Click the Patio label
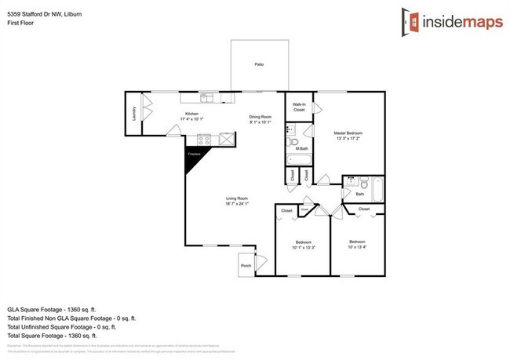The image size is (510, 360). coord(258,64)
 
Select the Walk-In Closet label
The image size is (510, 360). coord(299,107)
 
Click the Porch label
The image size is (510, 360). coord(246,266)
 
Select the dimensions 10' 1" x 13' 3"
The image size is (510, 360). coord(304,247)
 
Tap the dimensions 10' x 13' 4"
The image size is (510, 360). coord(358,247)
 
